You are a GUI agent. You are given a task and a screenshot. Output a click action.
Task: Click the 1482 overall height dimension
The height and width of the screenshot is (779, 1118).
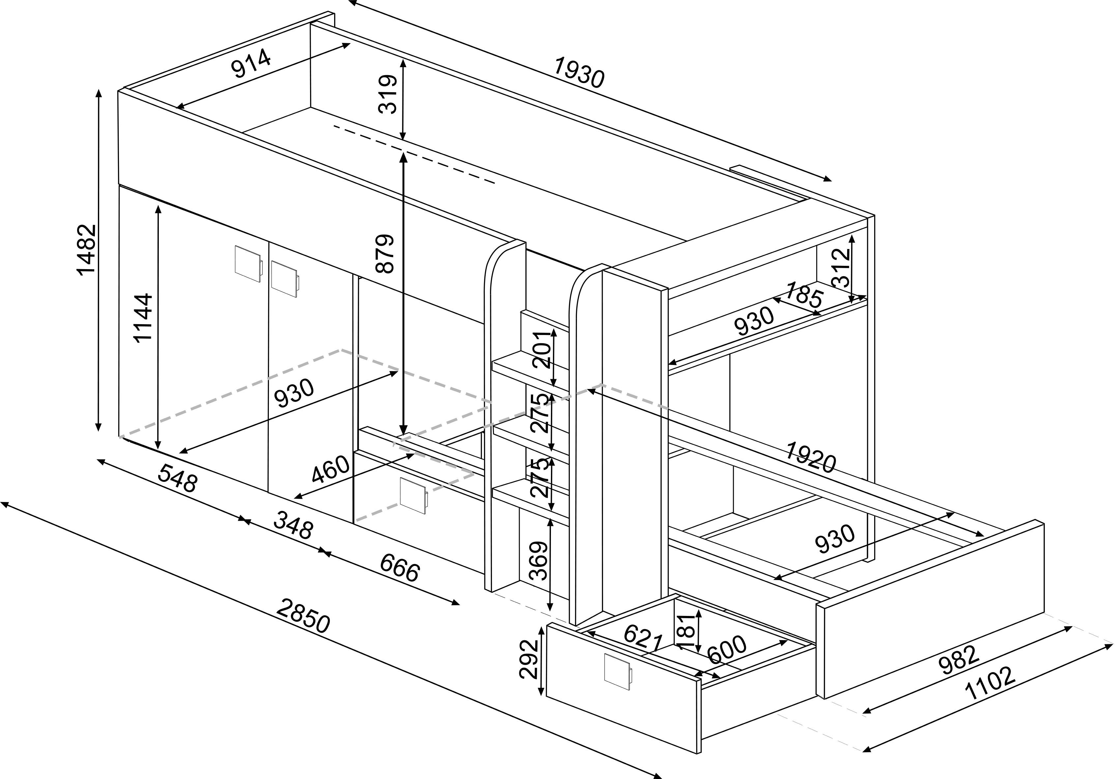click(x=86, y=250)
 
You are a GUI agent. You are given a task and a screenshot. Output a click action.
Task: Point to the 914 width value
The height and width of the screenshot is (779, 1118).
click(x=251, y=63)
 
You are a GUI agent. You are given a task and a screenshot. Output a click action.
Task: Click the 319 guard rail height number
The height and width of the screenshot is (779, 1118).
click(x=388, y=94)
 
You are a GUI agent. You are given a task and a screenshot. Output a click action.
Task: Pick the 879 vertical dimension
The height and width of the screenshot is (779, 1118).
click(x=384, y=254)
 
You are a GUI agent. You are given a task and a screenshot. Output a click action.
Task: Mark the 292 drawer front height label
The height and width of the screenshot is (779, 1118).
click(x=529, y=659)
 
